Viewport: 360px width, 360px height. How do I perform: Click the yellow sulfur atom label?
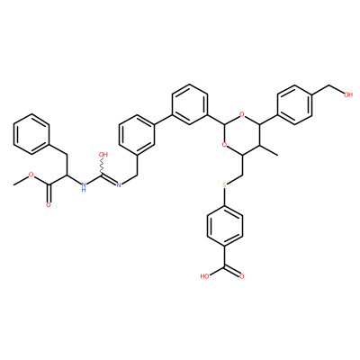click(x=224, y=185)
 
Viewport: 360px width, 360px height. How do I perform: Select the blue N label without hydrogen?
click(x=118, y=185)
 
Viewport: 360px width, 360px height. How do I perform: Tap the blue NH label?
click(x=84, y=187)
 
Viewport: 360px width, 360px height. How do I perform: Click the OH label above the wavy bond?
click(x=103, y=155)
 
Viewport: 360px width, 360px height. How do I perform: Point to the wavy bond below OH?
click(x=102, y=166)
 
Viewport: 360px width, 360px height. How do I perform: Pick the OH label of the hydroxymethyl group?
click(x=348, y=94)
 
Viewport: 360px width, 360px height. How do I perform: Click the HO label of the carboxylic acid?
click(x=205, y=276)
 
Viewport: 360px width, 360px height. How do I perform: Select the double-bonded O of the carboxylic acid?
click(x=242, y=276)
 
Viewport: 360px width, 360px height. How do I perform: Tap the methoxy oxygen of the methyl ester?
click(x=31, y=175)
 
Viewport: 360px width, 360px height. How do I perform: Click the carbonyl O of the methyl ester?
click(x=49, y=205)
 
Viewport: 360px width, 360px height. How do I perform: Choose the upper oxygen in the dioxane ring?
click(x=242, y=114)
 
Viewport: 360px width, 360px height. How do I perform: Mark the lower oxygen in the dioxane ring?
click(x=224, y=145)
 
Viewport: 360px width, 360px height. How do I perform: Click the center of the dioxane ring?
click(x=242, y=134)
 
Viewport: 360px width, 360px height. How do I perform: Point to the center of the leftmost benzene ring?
click(x=31, y=134)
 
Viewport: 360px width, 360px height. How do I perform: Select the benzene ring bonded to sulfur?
click(x=224, y=226)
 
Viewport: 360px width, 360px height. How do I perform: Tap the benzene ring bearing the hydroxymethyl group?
click(x=295, y=104)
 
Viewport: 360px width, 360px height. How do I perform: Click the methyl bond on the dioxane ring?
click(x=269, y=149)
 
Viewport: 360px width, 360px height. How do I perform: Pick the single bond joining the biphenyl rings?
click(x=163, y=120)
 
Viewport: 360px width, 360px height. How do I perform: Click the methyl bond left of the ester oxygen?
click(x=21, y=180)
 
